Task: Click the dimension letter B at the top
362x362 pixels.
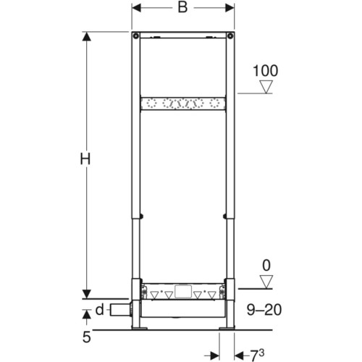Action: (182, 7)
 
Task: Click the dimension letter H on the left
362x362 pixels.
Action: (85, 159)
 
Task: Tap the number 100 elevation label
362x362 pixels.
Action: (265, 71)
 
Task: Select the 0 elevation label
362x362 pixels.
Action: (266, 266)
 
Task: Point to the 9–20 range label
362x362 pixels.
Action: (264, 310)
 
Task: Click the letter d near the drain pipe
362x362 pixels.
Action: (99, 309)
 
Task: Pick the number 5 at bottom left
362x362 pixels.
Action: (87, 337)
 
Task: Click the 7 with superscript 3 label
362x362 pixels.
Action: (257, 355)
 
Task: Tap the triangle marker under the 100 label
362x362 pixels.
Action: (266, 87)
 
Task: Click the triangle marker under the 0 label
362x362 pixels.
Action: (266, 282)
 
